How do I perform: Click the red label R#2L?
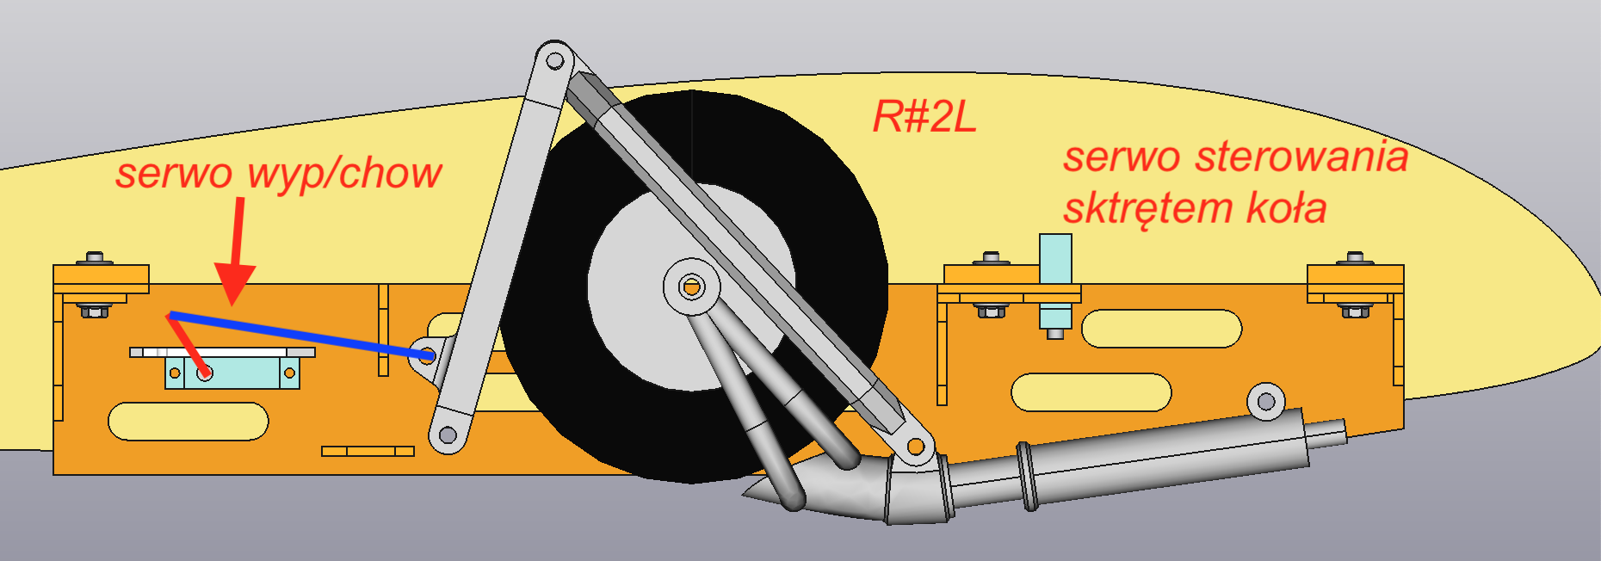924,116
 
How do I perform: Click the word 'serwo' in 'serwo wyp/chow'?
174,174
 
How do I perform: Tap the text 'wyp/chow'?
344,174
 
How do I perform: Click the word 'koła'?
1286,208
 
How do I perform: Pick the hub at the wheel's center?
691,286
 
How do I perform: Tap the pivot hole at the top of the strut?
555,60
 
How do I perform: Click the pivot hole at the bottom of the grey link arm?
448,435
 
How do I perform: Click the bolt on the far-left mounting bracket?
94,258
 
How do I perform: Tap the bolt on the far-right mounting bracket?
1355,258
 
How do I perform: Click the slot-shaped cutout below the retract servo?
188,422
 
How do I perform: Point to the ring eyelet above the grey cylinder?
1265,401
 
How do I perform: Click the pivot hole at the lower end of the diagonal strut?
916,447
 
